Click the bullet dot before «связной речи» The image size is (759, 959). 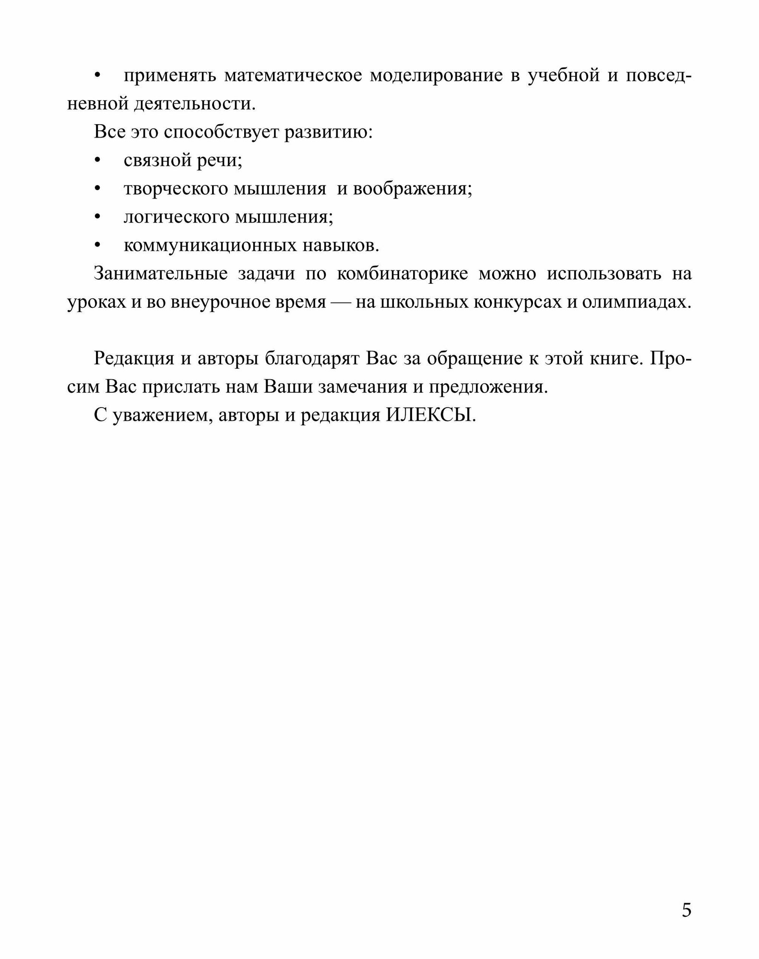(98, 160)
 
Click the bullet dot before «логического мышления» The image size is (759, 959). (98, 217)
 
